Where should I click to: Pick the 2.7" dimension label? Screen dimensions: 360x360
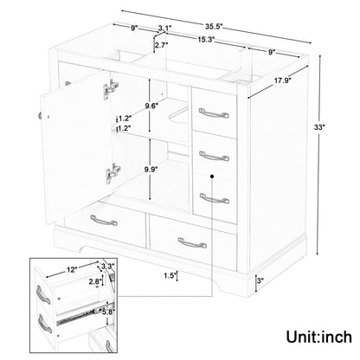point(161,45)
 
